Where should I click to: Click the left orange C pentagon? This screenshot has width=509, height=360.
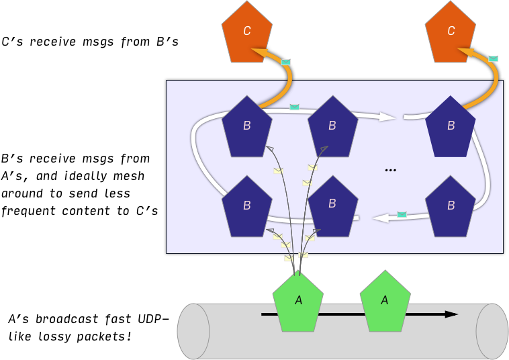click(x=247, y=33)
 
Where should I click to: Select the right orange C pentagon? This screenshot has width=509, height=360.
click(x=451, y=33)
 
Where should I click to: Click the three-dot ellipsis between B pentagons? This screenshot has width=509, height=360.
click(x=391, y=171)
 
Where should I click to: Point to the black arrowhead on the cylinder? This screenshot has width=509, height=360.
click(x=451, y=314)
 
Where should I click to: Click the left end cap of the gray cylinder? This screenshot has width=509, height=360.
click(x=193, y=331)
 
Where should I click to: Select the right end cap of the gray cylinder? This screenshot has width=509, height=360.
click(x=492, y=331)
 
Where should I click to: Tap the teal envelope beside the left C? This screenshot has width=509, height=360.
click(x=286, y=62)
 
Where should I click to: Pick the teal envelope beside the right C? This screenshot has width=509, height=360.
click(x=494, y=59)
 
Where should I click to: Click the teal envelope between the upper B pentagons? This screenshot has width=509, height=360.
click(x=294, y=107)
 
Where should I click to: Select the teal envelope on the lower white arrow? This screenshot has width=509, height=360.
click(x=402, y=214)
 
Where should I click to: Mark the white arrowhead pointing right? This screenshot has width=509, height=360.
click(x=387, y=117)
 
